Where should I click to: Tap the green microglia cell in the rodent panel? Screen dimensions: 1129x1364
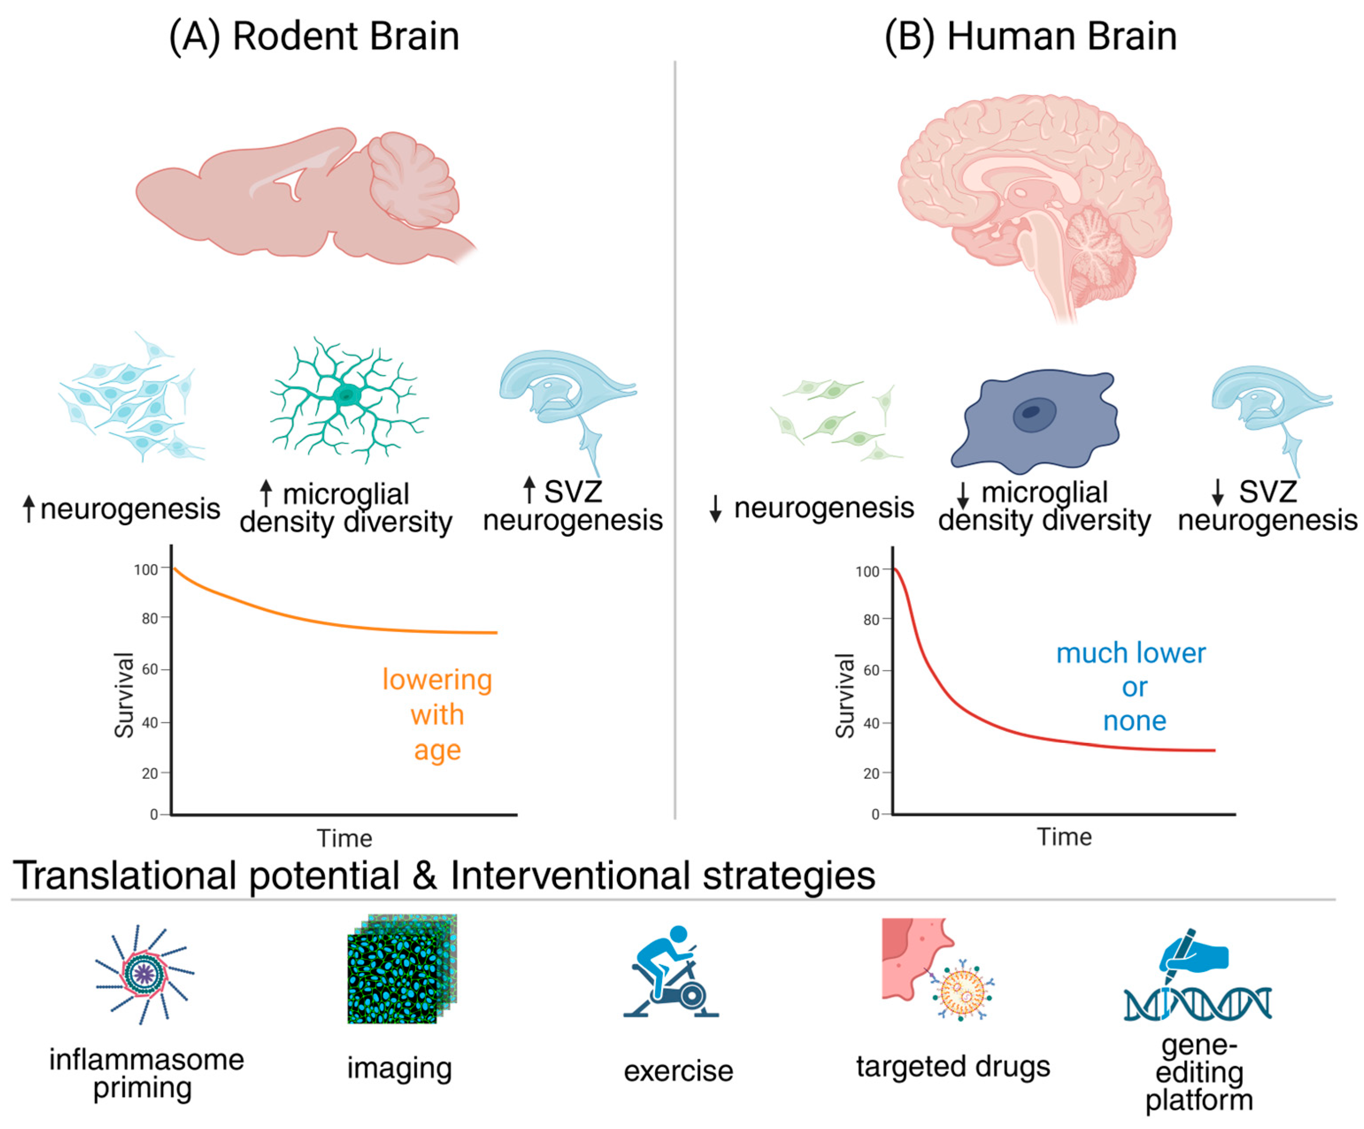click(348, 396)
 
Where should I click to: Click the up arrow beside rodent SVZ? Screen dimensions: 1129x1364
click(529, 490)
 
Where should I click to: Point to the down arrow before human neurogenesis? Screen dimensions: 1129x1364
click(715, 508)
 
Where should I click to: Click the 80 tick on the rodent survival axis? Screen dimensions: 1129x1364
click(150, 618)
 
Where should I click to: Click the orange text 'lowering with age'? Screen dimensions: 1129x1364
click(437, 714)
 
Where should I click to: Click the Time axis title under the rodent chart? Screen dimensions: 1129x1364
click(344, 838)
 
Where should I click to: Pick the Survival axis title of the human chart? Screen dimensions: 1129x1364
click(844, 696)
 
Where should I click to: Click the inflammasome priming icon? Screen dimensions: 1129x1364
click(144, 973)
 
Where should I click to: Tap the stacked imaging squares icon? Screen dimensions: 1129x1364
click(402, 969)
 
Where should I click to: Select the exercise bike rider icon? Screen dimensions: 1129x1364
click(672, 972)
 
